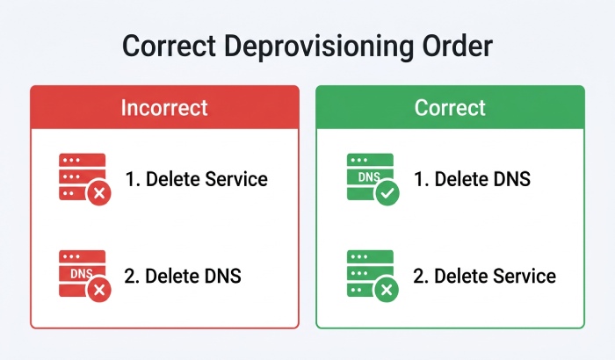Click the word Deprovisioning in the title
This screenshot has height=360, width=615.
pyautogui.click(x=319, y=47)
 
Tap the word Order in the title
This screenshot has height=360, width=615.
pyautogui.click(x=458, y=46)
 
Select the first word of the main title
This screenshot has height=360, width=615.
pyautogui.click(x=169, y=46)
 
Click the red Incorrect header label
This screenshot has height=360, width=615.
pyautogui.click(x=164, y=107)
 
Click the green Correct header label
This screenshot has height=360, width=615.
pyautogui.click(x=450, y=107)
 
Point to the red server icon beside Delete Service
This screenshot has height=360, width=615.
pyautogui.click(x=83, y=176)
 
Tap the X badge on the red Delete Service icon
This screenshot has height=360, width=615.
pyautogui.click(x=99, y=193)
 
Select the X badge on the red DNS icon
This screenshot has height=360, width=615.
pyautogui.click(x=99, y=290)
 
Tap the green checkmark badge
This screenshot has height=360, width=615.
pyautogui.click(x=387, y=193)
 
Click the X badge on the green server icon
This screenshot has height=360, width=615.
pyautogui.click(x=387, y=290)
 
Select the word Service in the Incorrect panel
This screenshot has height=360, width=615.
pyautogui.click(x=236, y=179)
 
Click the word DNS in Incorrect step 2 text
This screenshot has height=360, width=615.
pyautogui.click(x=221, y=276)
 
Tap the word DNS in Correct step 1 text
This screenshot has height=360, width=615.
pyautogui.click(x=510, y=179)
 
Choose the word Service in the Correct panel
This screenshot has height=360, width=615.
pyautogui.click(x=525, y=276)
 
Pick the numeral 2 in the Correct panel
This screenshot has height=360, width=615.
pyautogui.click(x=418, y=276)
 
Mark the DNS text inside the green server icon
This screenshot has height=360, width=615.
pyautogui.click(x=369, y=177)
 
